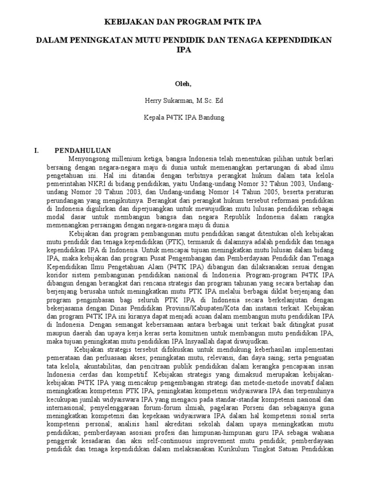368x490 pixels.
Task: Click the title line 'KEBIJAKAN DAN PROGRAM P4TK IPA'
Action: pyautogui.click(x=184, y=22)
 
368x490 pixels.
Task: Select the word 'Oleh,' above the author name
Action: pyautogui.click(x=184, y=84)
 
